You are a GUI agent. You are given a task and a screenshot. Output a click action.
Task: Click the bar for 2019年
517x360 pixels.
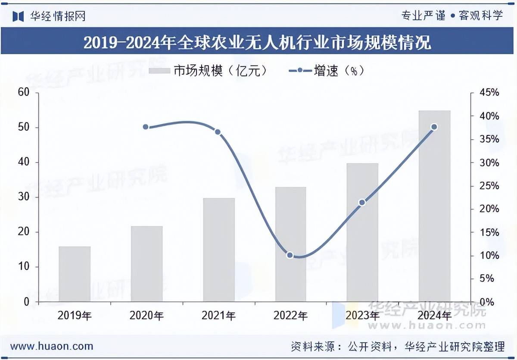tap(75, 274)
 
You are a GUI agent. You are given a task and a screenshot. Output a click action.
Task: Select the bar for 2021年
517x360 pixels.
tap(219, 250)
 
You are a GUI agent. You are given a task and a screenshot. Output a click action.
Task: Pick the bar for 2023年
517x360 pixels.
tap(362, 232)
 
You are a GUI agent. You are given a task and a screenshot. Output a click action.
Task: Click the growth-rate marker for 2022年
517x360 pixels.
tap(290, 255)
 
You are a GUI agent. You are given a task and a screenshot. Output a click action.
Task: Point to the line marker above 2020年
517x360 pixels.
tap(146, 127)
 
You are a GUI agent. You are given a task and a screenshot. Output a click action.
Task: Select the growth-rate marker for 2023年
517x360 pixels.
tap(362, 202)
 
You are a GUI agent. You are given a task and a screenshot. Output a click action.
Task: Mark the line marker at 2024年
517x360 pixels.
tap(434, 127)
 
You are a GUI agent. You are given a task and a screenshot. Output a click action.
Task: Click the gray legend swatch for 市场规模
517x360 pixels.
tap(159, 71)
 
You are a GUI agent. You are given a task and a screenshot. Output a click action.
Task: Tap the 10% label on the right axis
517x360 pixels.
tap(490, 256)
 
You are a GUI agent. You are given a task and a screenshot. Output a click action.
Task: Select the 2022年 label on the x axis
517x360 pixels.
tap(290, 316)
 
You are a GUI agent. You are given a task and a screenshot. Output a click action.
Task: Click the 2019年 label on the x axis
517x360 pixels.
tap(75, 316)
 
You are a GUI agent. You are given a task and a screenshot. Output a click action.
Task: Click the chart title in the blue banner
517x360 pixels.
tap(257, 42)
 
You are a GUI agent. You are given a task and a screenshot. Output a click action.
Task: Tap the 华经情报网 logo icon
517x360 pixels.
tap(18, 16)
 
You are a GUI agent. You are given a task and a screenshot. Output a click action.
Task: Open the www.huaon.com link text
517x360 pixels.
tap(52, 346)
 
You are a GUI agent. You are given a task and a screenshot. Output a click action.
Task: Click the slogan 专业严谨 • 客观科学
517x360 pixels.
tap(452, 16)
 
